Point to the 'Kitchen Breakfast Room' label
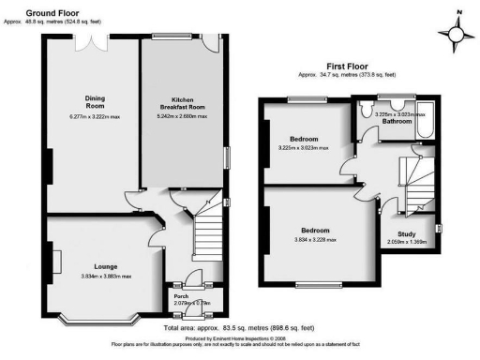tap(182, 103)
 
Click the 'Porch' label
tap(181, 296)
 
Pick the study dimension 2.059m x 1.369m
tap(406, 242)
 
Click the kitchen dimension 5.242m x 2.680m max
tap(182, 116)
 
